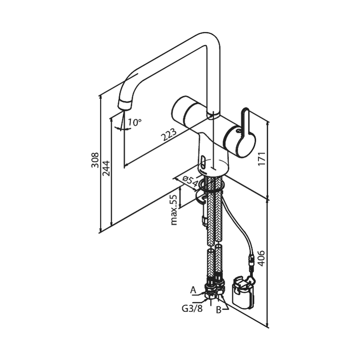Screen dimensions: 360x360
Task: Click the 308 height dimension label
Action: point(95,160)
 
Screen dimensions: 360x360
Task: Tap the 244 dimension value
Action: point(106,168)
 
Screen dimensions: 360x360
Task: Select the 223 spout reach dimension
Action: point(169,135)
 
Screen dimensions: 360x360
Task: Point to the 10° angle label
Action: point(135,122)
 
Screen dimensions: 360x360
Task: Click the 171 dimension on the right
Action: point(262,158)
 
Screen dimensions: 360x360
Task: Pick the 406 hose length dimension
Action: point(261,258)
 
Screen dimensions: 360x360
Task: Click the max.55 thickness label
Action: point(174,210)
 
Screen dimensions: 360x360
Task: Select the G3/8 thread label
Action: point(193,309)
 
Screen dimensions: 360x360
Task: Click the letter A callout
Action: point(193,290)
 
